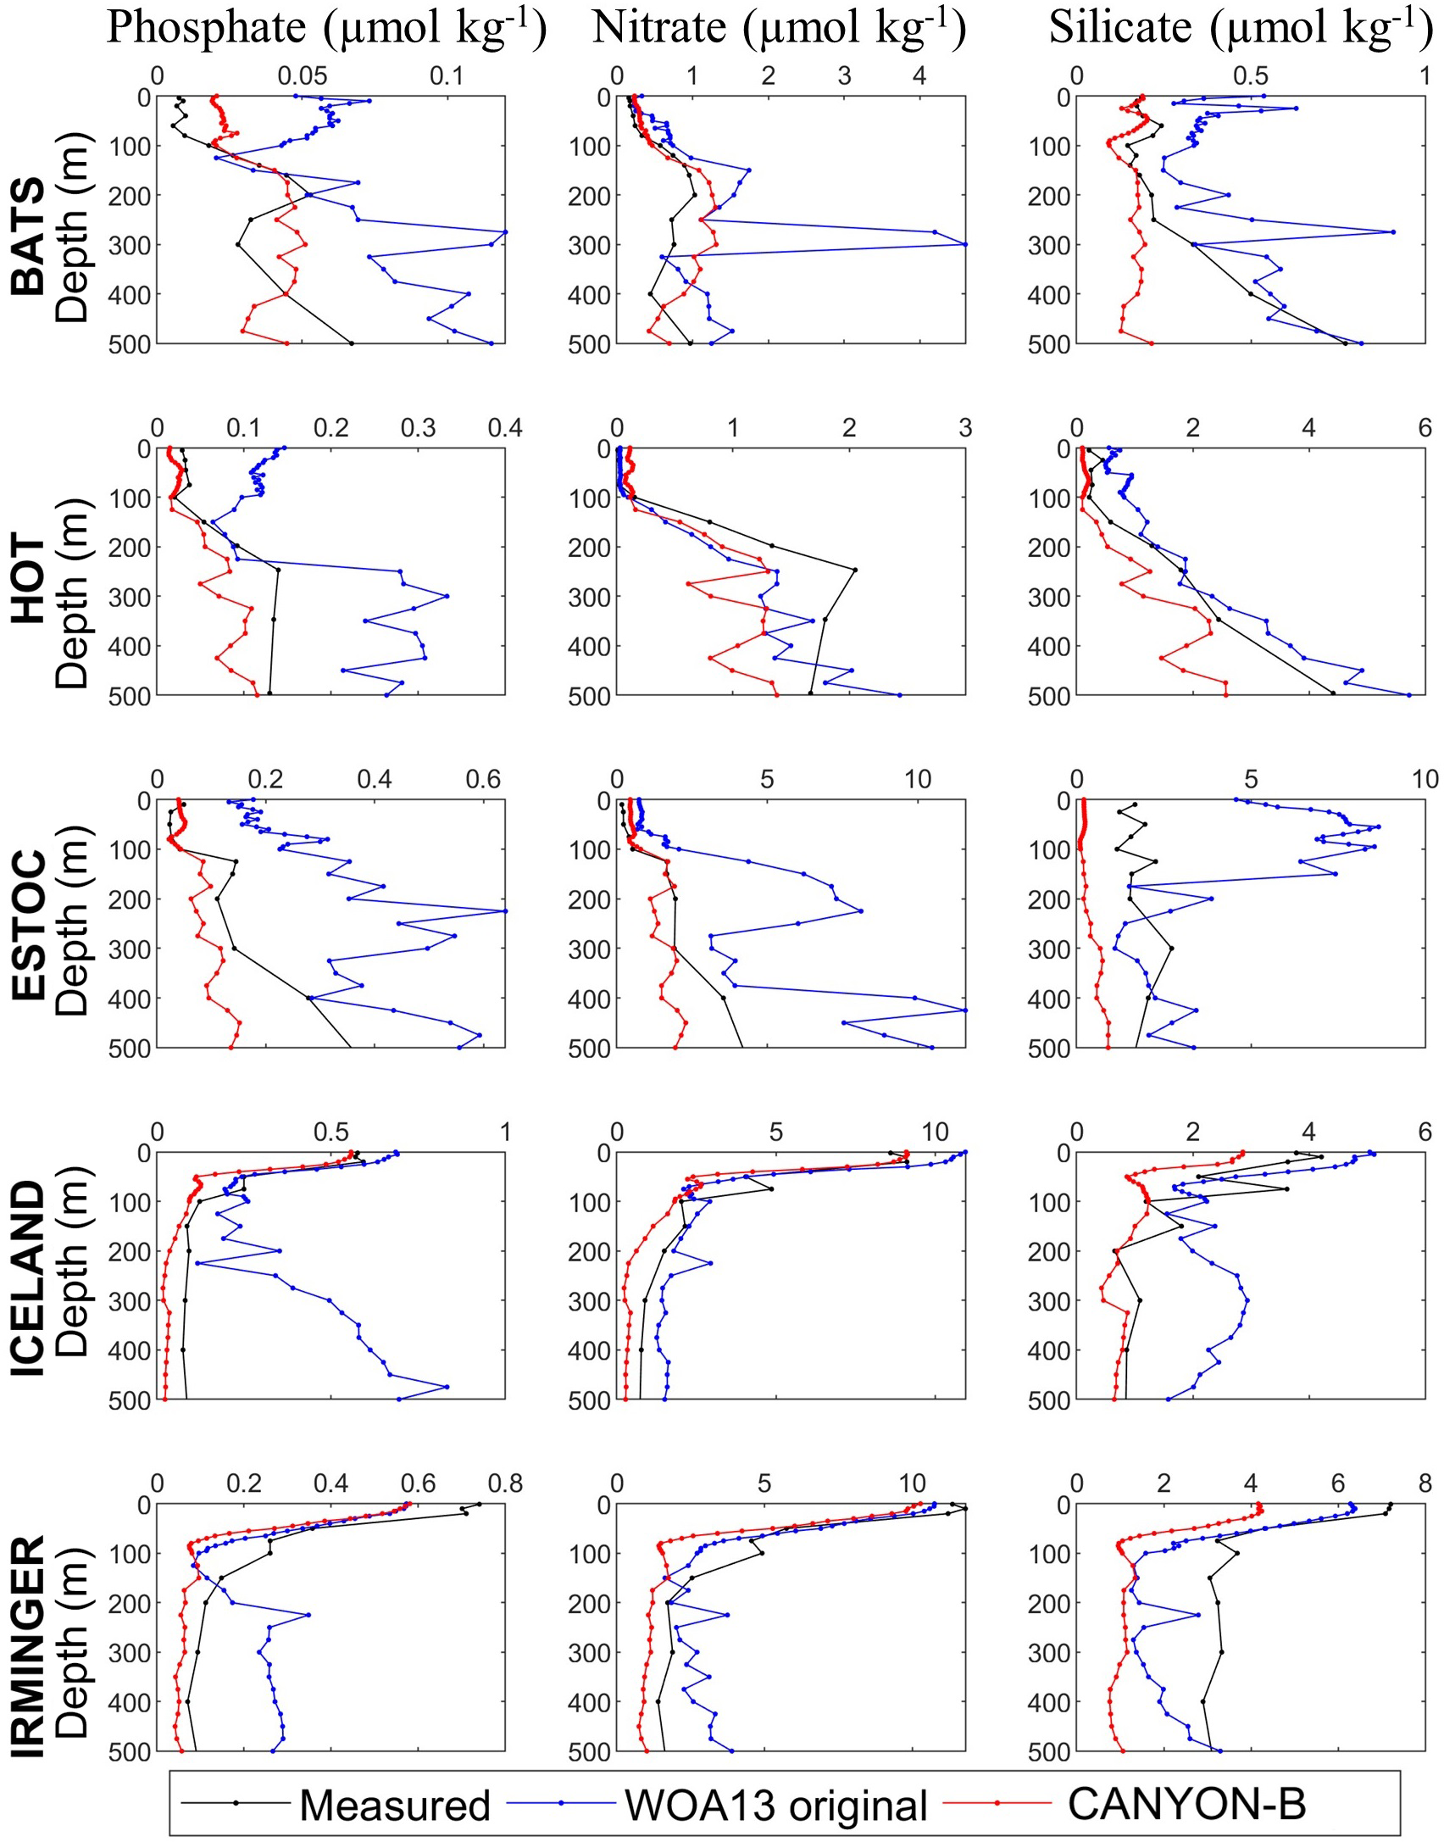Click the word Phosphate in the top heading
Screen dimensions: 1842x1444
click(x=206, y=27)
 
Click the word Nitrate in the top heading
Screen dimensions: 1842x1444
click(x=658, y=27)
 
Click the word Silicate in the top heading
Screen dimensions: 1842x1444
click(x=1120, y=27)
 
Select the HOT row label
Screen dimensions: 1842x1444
click(x=28, y=579)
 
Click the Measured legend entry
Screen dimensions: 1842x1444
click(x=394, y=1805)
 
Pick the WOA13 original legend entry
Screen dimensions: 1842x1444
click(x=775, y=1805)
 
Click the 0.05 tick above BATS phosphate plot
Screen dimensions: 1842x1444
click(x=302, y=76)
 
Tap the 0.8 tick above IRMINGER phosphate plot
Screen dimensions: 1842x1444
click(x=505, y=1483)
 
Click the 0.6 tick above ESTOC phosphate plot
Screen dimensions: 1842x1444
click(x=483, y=779)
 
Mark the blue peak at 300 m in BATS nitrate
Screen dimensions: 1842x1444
click(x=965, y=244)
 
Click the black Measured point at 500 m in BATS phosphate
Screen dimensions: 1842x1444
click(x=352, y=343)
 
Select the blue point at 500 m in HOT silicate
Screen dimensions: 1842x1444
click(x=1409, y=695)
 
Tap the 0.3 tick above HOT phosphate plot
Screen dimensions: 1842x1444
click(x=418, y=428)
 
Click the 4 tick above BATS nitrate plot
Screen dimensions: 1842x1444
click(x=919, y=76)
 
